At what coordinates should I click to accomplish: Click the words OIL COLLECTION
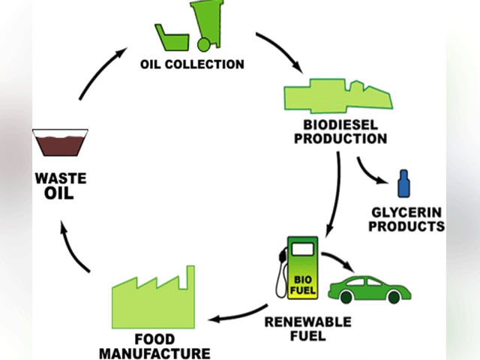click(x=192, y=64)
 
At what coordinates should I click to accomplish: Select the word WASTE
click(x=61, y=180)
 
